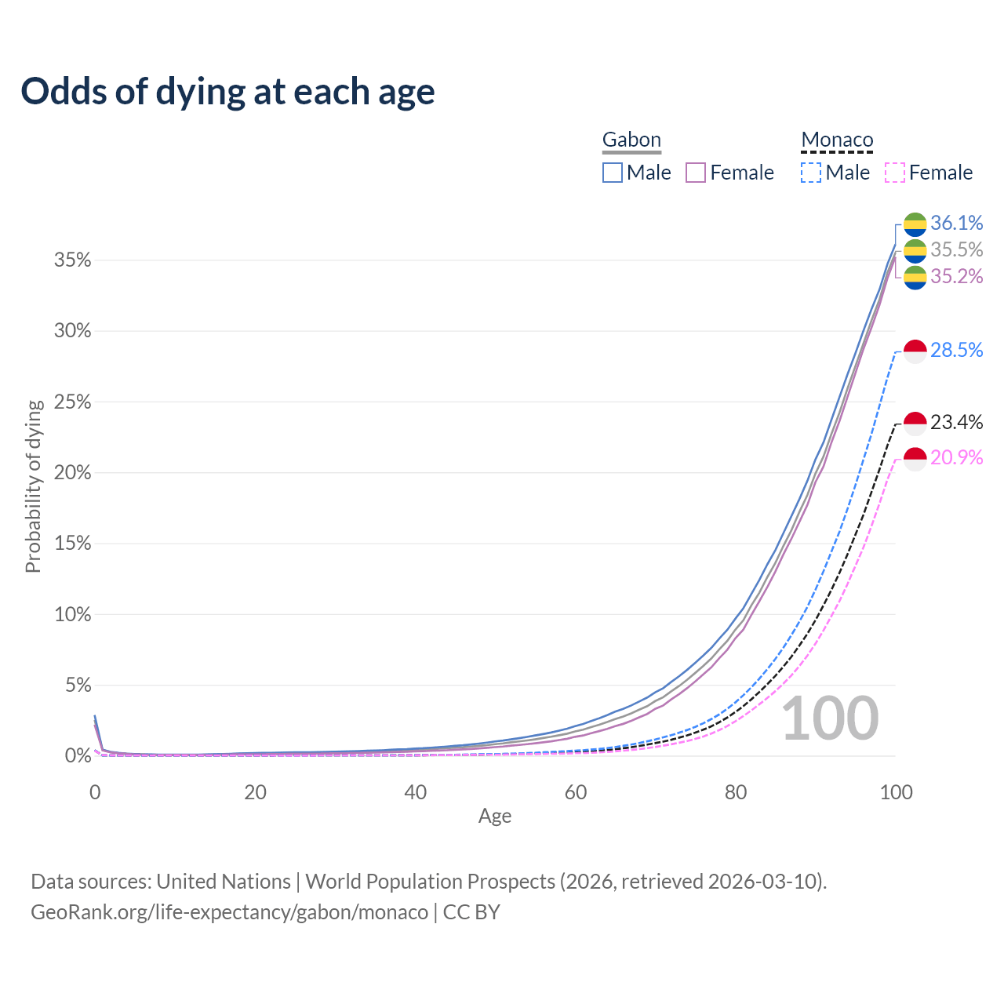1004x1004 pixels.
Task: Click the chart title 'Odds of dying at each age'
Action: [227, 92]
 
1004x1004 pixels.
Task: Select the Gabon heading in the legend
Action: [631, 140]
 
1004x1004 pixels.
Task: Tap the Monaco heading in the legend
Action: [837, 140]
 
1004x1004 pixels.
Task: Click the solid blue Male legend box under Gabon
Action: [613, 173]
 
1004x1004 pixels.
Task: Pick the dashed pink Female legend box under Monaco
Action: [895, 173]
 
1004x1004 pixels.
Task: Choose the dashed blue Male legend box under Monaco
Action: [811, 173]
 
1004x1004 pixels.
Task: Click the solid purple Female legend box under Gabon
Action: [697, 173]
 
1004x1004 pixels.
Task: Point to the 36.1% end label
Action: [956, 224]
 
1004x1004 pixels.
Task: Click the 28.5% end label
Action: [956, 351]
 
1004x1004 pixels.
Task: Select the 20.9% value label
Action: [956, 457]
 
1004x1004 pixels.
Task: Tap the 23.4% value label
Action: [956, 423]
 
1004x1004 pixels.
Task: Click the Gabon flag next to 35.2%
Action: [915, 277]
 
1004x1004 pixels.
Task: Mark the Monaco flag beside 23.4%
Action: [915, 424]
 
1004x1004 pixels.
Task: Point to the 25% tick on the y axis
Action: [72, 402]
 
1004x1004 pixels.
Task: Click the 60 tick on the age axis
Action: [576, 792]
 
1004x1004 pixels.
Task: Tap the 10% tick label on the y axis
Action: [72, 615]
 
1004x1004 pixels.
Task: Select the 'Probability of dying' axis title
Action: [33, 486]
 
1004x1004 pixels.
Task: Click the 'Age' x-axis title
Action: [495, 817]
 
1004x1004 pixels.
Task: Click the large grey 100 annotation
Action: [830, 718]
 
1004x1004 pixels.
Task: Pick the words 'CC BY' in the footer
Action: [471, 912]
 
